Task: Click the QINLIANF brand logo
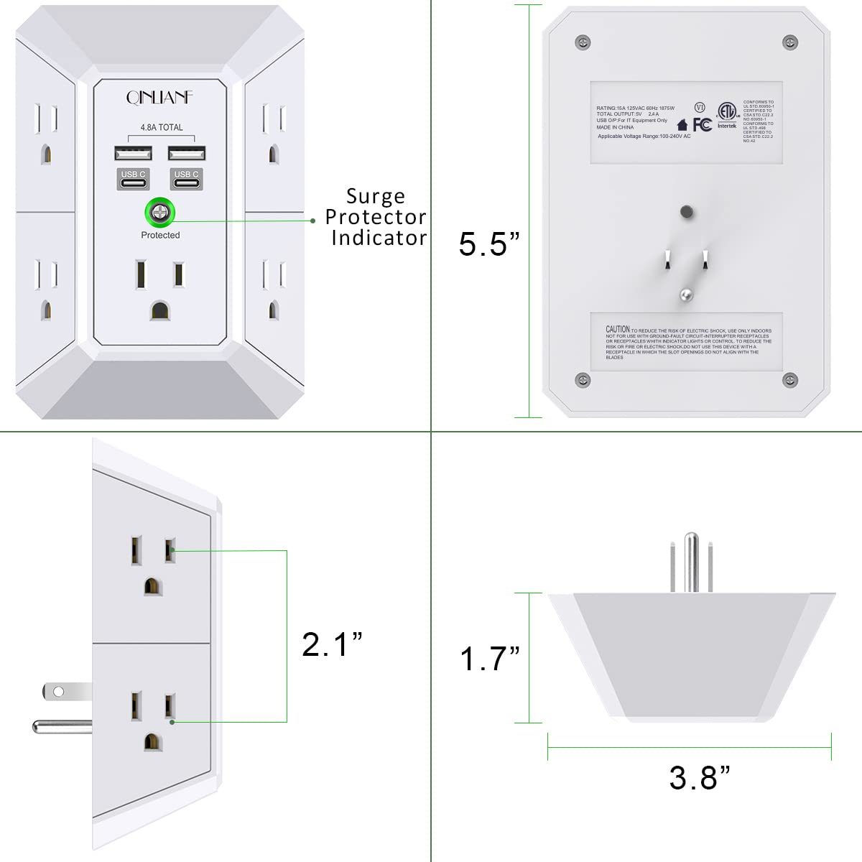[159, 97]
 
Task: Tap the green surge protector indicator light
[159, 212]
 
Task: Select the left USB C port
[133, 179]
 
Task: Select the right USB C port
[186, 179]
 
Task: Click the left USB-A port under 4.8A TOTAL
[133, 153]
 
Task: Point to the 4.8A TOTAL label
[161, 128]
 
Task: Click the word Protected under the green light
[160, 235]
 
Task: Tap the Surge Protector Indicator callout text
[376, 217]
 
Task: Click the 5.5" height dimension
[488, 244]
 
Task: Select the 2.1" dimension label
[332, 644]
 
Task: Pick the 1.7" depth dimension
[489, 659]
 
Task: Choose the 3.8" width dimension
[699, 778]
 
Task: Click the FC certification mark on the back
[702, 125]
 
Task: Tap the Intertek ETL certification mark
[727, 115]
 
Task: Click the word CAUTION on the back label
[617, 329]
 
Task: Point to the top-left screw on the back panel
[583, 42]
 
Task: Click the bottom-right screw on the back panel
[790, 380]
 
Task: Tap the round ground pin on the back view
[686, 294]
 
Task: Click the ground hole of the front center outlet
[159, 310]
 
